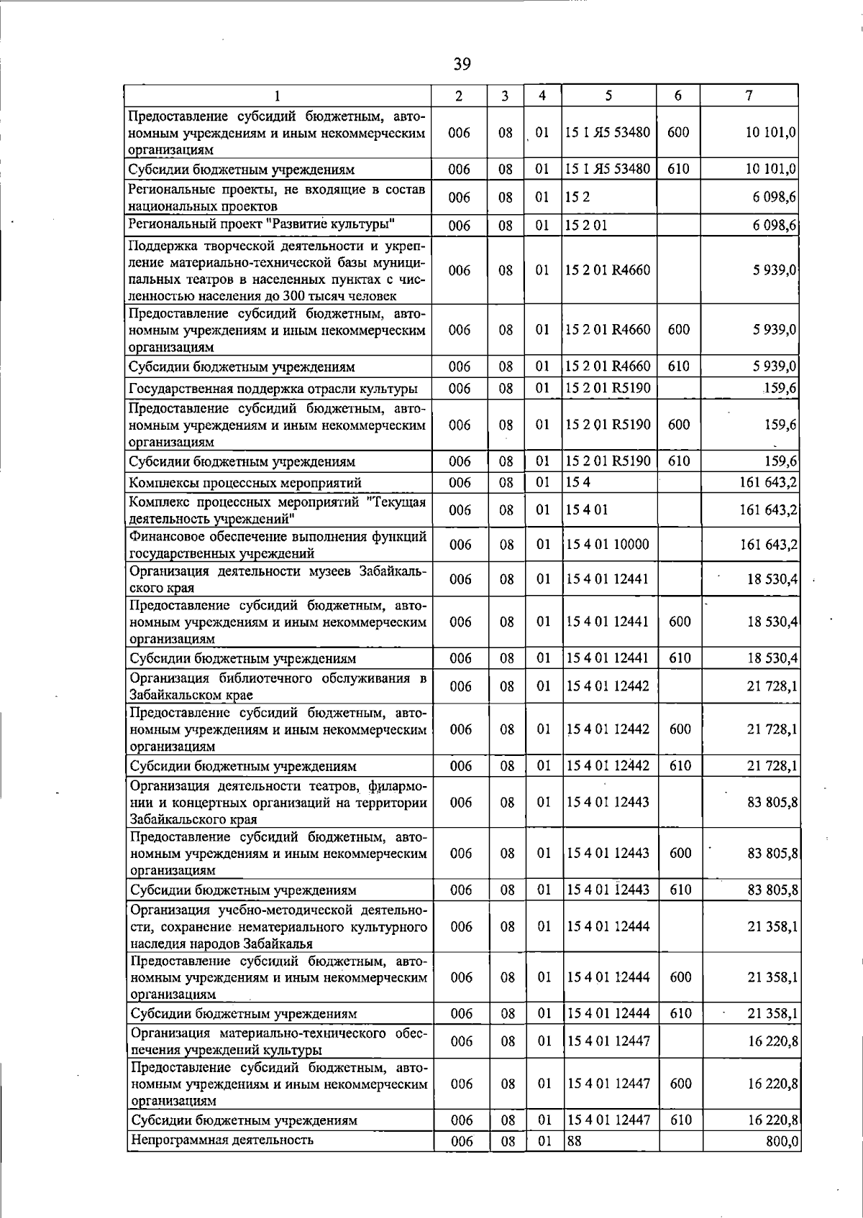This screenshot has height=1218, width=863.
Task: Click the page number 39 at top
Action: coord(462,65)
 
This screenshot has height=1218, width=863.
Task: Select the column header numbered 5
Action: coord(608,96)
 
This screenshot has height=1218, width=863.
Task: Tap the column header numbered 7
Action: coord(749,96)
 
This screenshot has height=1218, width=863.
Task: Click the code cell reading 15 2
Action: coord(574,197)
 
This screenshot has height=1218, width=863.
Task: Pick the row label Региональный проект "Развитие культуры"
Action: coord(262,223)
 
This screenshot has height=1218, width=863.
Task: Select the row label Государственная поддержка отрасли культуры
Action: coord(273,389)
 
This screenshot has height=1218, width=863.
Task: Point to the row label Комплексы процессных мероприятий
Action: coord(245,483)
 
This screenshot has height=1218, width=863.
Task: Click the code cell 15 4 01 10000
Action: coord(608,545)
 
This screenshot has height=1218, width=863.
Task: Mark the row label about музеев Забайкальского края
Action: coord(278,579)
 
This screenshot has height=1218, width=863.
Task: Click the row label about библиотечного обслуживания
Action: coord(278,686)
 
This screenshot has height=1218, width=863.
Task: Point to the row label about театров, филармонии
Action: coord(278,802)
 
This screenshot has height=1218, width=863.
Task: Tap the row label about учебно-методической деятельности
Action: coord(278,927)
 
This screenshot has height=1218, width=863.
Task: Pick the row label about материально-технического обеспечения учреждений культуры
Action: coord(278,1041)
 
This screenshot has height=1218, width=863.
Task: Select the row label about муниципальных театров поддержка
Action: coord(278,271)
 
